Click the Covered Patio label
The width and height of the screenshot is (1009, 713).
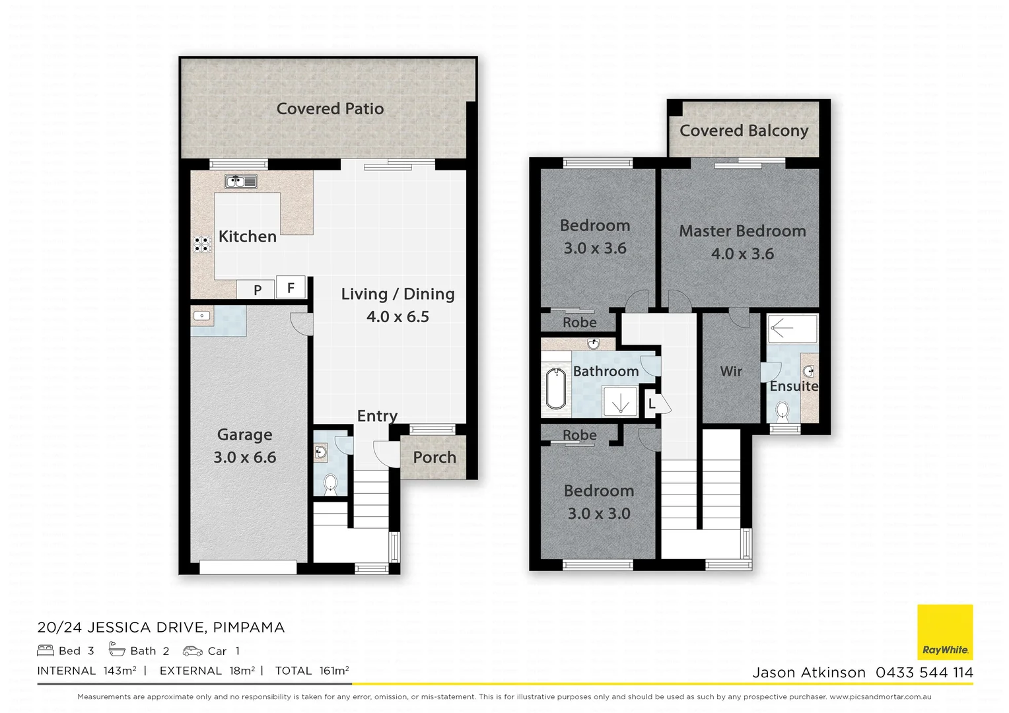(x=330, y=109)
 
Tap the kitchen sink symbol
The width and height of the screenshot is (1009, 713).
(x=240, y=182)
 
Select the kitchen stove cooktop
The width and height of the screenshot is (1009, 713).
(x=202, y=244)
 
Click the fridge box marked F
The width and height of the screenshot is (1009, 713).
(x=291, y=288)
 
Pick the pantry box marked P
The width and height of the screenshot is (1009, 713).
(x=258, y=290)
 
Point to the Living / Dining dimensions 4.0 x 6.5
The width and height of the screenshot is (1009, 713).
(x=398, y=317)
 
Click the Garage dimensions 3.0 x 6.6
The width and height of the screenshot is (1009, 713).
(x=245, y=458)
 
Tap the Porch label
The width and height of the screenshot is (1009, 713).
(x=435, y=458)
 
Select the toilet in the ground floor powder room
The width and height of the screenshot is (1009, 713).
(x=330, y=485)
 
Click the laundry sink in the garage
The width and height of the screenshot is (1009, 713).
(x=201, y=316)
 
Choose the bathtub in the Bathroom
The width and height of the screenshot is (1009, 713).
(x=556, y=389)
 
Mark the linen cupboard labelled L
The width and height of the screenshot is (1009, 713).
(x=652, y=403)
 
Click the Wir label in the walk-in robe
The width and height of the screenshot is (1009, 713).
(x=731, y=372)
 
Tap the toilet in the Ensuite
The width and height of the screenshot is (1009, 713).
(x=783, y=411)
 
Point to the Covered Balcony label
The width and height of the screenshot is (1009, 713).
(x=744, y=131)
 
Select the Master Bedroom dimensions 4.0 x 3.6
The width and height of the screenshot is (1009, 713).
(x=742, y=254)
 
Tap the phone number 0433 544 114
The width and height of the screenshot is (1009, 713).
(x=924, y=673)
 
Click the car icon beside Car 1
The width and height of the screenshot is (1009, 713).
(x=193, y=651)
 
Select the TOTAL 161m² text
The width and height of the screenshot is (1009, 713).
(x=312, y=671)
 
